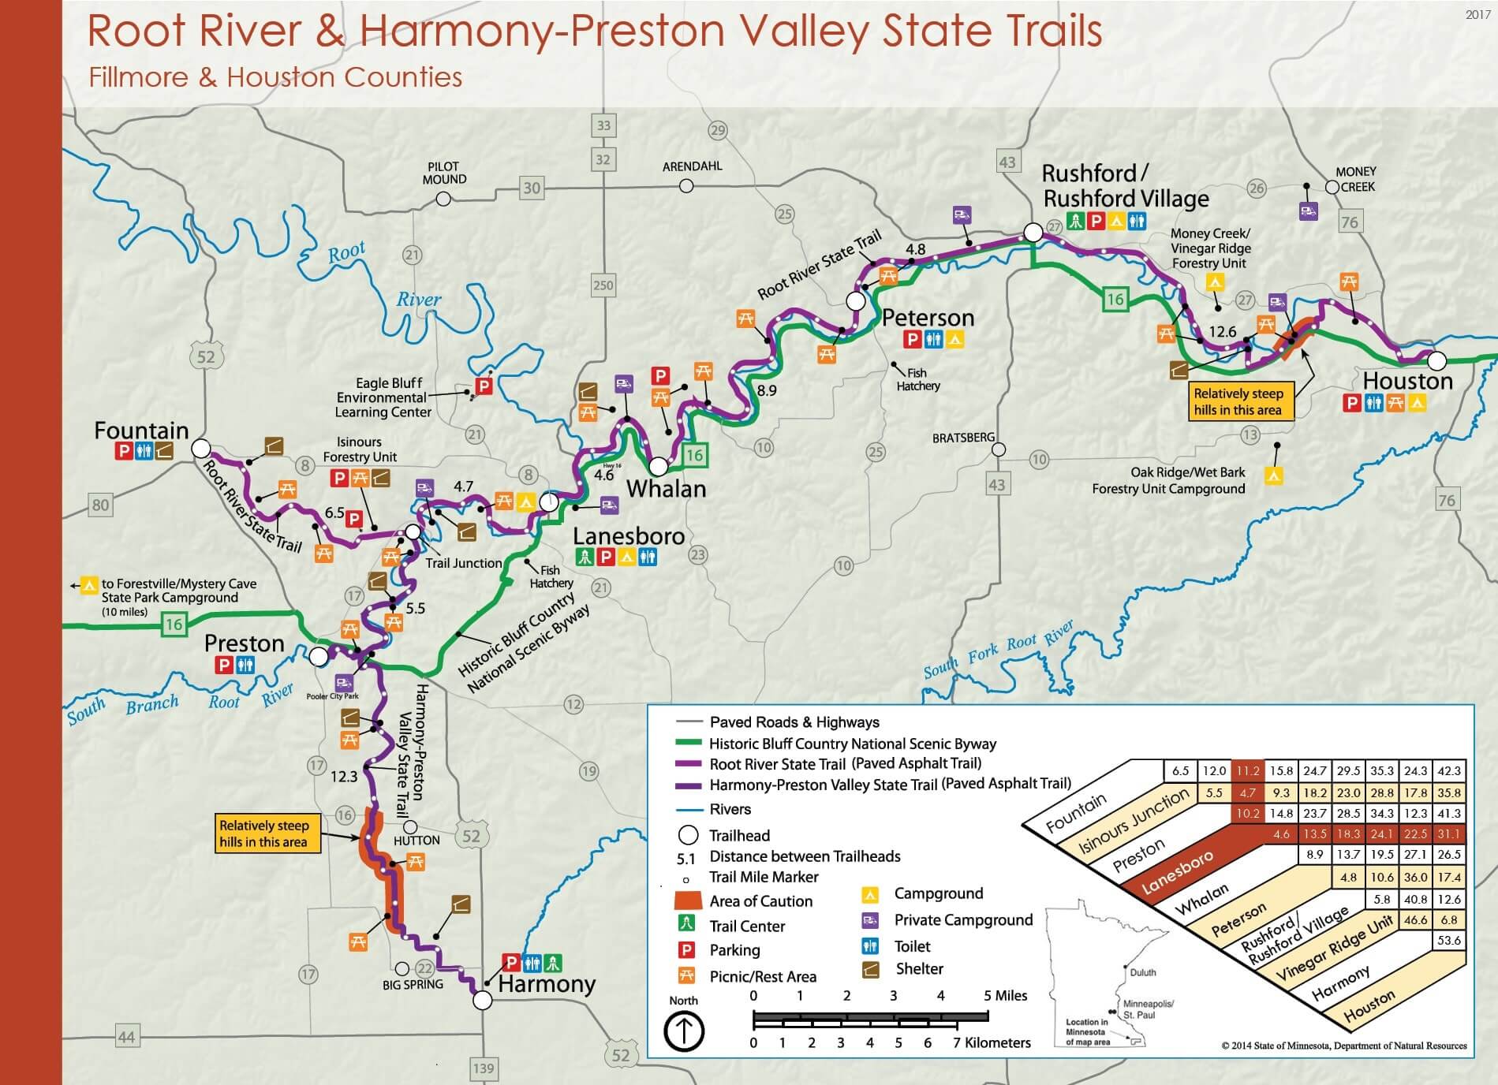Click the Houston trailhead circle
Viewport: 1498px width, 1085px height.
(x=1437, y=361)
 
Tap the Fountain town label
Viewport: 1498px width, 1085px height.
(x=142, y=431)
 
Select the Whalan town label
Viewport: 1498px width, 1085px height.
(x=666, y=489)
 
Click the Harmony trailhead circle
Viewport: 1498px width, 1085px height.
(x=482, y=1000)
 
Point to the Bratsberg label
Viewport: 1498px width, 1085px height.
(x=963, y=437)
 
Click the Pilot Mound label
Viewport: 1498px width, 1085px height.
(x=444, y=173)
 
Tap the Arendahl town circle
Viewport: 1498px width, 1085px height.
(x=686, y=185)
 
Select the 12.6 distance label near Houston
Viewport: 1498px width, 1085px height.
(x=1223, y=332)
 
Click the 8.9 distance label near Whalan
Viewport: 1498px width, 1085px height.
(x=766, y=390)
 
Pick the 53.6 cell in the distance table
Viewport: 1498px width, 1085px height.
(x=1449, y=940)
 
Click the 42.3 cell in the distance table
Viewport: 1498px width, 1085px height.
(x=1449, y=770)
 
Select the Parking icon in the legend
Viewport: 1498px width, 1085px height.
(x=687, y=950)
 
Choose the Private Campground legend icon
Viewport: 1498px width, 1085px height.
(x=870, y=920)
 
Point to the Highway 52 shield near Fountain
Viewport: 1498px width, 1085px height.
(x=205, y=356)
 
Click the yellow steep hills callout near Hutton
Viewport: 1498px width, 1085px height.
(x=263, y=833)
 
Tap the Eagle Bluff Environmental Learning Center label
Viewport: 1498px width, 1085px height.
(x=383, y=397)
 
